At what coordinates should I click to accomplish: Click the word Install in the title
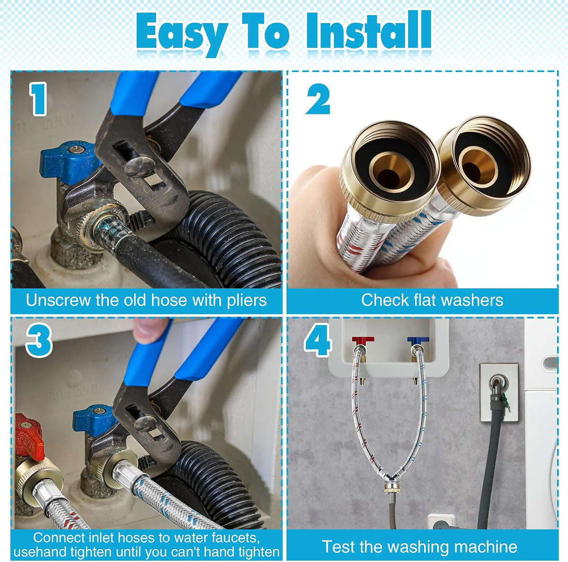tap(368, 31)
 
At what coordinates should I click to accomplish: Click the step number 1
tap(38, 99)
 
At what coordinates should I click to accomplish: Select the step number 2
tap(318, 99)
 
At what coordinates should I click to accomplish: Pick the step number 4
tap(318, 340)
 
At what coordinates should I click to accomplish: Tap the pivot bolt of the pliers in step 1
tap(139, 167)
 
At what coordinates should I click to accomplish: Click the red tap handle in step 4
tap(363, 340)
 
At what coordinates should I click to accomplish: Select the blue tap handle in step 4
tap(418, 340)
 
